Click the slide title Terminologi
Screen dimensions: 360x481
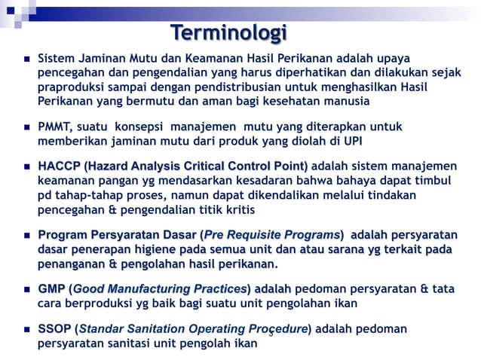228,33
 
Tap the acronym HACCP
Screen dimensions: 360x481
59,166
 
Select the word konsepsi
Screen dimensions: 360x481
143,127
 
